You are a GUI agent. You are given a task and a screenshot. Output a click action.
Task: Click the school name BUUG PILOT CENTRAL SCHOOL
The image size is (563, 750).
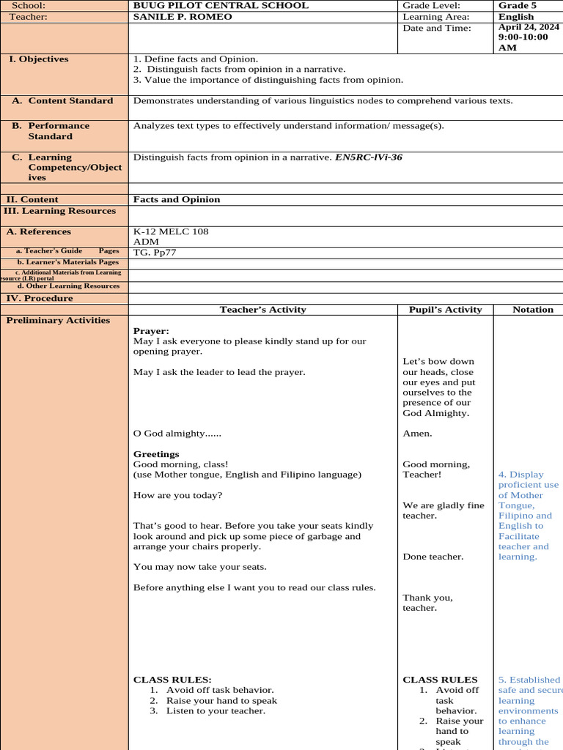tap(221, 5)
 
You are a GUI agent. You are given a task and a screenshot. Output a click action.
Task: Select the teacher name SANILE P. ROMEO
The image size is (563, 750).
tap(183, 17)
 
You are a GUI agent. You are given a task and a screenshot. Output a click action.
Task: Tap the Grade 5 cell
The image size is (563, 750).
tap(518, 5)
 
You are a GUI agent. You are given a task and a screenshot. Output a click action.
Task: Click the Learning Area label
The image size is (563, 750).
tap(436, 17)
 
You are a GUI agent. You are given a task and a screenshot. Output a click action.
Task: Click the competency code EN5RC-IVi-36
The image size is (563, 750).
tap(369, 157)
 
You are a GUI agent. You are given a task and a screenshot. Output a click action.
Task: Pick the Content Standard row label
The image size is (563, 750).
tap(70, 101)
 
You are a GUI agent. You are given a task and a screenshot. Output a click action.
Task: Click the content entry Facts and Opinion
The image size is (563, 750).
tap(177, 199)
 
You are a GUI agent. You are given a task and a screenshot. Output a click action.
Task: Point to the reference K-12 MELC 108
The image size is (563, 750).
tap(171, 231)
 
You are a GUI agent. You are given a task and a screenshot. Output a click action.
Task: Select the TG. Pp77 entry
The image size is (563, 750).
tap(155, 253)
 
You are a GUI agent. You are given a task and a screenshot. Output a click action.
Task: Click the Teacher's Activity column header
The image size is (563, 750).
tap(262, 310)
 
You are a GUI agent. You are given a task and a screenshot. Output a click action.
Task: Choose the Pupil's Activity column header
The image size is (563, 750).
tap(445, 310)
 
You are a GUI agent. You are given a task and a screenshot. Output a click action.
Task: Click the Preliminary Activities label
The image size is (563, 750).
tap(58, 321)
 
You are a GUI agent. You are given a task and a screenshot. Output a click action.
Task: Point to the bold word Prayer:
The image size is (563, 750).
tap(151, 331)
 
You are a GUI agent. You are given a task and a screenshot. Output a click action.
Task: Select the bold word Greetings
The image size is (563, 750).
tap(156, 454)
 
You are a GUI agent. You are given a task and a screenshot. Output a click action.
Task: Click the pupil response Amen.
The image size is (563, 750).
tap(417, 434)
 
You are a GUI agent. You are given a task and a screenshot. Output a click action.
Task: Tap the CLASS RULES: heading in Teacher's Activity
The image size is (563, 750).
tap(172, 680)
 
